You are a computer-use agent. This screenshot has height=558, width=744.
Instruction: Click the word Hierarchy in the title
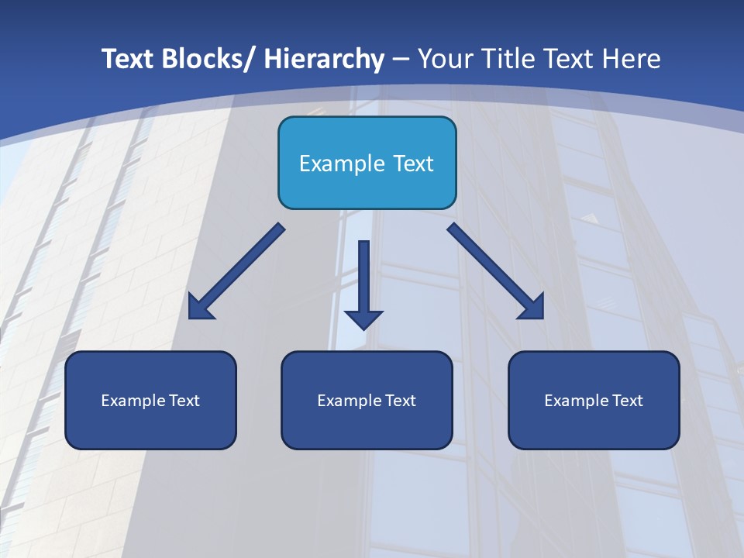tap(324, 60)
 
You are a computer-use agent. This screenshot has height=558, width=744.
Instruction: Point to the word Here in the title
tap(632, 60)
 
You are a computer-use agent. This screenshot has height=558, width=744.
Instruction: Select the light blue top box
tap(367, 163)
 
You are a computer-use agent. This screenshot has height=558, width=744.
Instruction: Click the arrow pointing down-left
tap(236, 271)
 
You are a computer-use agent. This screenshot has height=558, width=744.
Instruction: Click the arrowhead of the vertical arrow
tap(363, 319)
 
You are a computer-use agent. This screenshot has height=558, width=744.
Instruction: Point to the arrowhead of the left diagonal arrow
tap(199, 308)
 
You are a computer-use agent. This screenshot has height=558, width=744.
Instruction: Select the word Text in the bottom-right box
tap(628, 401)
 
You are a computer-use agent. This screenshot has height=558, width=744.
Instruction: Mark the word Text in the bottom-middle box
tap(401, 401)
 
